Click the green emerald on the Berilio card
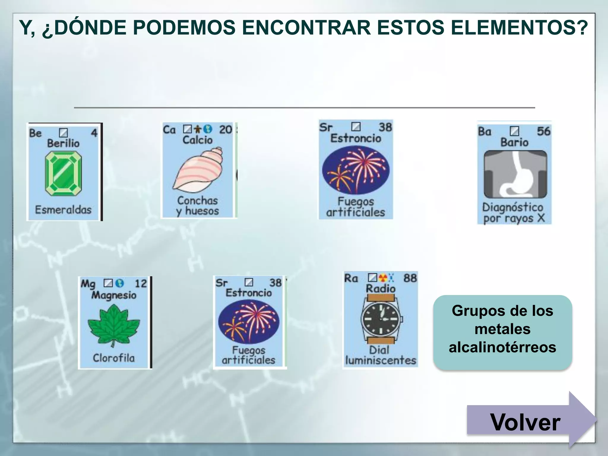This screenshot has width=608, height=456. point(63,173)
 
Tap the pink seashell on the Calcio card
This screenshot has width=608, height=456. point(198,171)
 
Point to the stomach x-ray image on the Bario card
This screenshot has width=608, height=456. point(515,174)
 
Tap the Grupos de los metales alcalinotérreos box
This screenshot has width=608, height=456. point(502,330)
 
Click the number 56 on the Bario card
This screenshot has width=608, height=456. point(543,131)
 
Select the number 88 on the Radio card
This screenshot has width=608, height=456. point(410,278)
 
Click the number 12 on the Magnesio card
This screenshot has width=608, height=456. point(141,284)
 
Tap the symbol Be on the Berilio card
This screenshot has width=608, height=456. point(35,133)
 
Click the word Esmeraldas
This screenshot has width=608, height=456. point(63,210)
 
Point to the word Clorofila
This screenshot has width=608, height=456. point(114,358)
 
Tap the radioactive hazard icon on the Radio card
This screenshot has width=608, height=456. point(383,278)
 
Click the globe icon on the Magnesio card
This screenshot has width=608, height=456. point(120,283)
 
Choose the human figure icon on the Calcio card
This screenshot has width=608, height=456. point(198,129)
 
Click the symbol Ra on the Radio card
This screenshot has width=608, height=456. point(351,278)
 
